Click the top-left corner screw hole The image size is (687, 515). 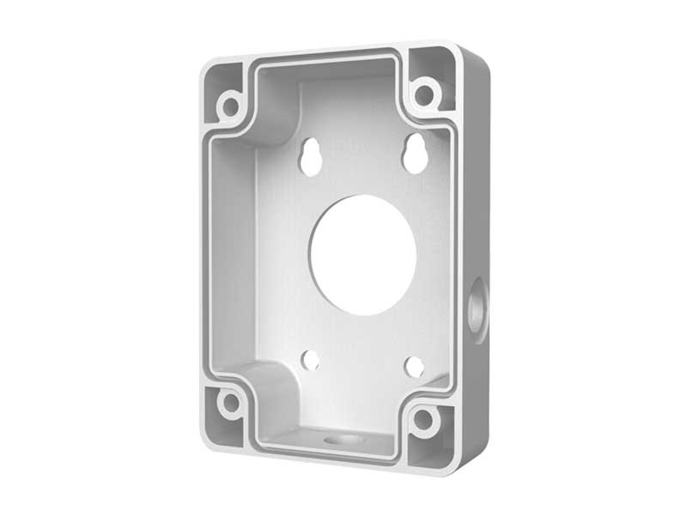click(x=229, y=106)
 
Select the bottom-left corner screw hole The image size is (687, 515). click(x=230, y=402)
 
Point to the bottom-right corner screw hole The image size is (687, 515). click(x=424, y=421)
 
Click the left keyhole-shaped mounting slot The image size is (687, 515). click(x=311, y=157)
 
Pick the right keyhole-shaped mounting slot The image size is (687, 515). click(x=416, y=153)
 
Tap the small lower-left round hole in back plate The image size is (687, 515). click(x=311, y=360)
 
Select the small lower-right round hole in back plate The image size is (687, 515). click(x=415, y=367)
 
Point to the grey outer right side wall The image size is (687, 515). click(x=476, y=215)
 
